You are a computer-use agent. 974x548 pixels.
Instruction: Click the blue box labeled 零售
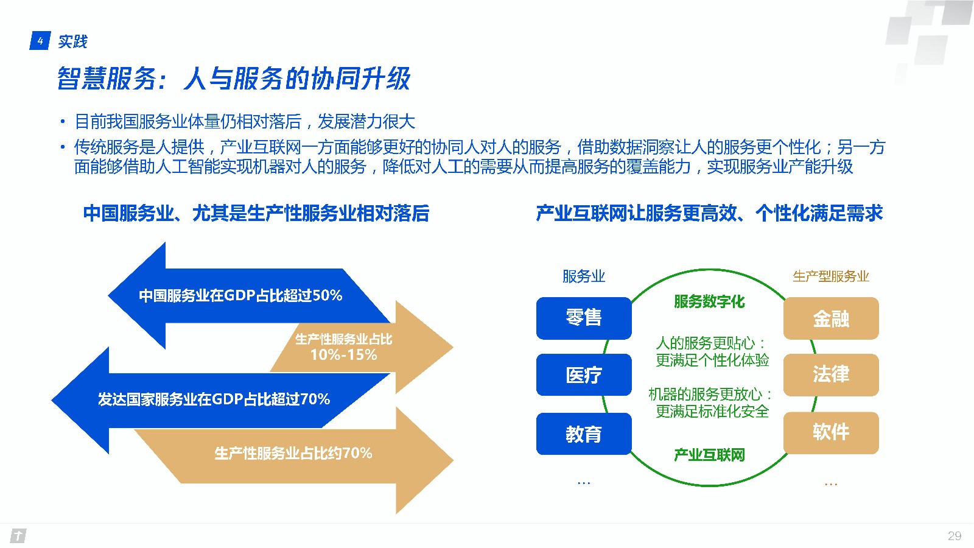(x=584, y=318)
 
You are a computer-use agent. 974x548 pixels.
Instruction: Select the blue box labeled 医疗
(x=584, y=374)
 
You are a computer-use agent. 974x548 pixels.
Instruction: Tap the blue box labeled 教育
(x=584, y=434)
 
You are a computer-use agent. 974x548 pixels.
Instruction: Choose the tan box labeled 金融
(x=831, y=318)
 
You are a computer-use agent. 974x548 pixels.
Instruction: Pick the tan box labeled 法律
(x=831, y=374)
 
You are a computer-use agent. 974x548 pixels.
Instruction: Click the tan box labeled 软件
(x=831, y=433)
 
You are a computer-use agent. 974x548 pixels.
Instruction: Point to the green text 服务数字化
(x=710, y=301)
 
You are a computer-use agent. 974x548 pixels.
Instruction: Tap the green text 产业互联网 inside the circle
(x=710, y=455)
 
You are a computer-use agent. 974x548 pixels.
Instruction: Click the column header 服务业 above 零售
(x=584, y=276)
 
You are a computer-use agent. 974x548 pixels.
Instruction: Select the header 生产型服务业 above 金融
(x=831, y=276)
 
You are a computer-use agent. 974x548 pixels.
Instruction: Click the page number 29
(x=955, y=536)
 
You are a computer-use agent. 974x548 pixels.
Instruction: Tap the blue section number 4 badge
(x=40, y=41)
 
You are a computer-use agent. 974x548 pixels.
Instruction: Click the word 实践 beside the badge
(x=72, y=41)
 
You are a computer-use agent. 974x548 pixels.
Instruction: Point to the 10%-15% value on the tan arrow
(x=343, y=355)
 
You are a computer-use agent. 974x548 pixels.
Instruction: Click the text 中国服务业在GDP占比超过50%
(x=240, y=296)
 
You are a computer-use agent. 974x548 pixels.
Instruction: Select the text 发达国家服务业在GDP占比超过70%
(x=214, y=399)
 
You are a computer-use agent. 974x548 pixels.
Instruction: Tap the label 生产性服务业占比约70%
(x=293, y=453)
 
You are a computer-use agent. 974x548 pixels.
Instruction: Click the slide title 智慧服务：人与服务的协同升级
(x=234, y=79)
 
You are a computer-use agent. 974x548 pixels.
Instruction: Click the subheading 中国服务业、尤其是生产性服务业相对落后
(x=256, y=214)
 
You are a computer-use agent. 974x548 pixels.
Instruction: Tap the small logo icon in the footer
(x=18, y=536)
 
